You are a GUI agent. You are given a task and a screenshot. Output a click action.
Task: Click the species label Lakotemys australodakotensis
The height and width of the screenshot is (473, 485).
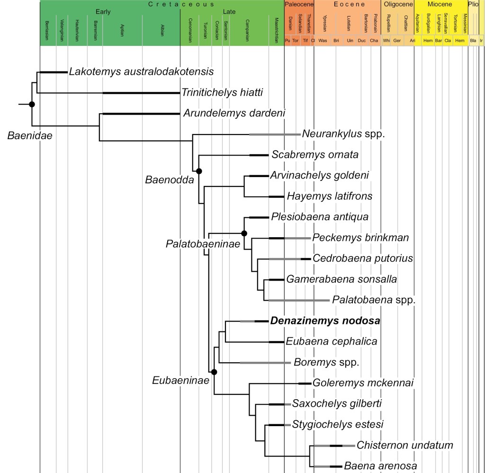[141, 72]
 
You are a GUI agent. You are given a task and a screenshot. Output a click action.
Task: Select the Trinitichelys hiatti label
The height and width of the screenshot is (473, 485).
[223, 93]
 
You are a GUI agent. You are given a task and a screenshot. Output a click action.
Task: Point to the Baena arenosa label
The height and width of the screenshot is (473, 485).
[381, 466]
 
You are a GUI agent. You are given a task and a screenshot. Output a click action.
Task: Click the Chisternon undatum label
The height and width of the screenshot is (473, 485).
[405, 446]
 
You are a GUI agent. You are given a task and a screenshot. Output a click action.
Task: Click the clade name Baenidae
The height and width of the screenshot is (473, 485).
[29, 136]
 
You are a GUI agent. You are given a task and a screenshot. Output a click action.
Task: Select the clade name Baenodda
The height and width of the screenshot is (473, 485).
[164, 179]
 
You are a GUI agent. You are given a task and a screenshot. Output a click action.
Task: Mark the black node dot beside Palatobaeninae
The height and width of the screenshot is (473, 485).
[244, 233]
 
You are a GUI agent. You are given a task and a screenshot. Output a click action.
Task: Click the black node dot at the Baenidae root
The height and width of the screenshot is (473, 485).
[32, 104]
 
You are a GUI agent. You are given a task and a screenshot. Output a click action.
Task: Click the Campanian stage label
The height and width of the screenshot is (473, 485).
[247, 24]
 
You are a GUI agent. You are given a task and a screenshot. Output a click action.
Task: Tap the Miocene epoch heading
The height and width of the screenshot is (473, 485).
[440, 4]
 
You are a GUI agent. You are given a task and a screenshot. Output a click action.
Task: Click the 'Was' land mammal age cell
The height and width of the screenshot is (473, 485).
[323, 41]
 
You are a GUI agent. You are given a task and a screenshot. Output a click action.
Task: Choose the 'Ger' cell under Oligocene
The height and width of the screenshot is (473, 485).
[397, 41]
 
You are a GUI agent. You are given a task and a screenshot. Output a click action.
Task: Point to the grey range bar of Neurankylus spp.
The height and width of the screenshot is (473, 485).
[274, 134]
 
